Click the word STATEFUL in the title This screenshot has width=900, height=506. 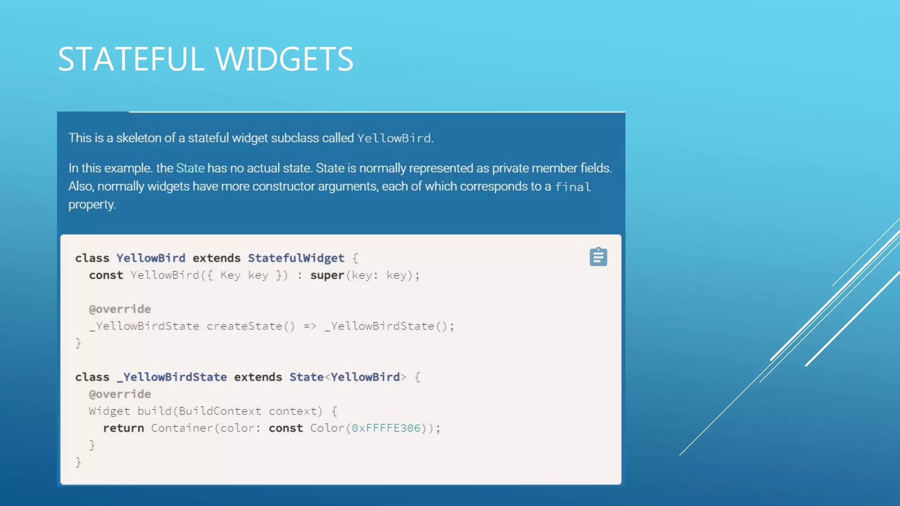(x=131, y=59)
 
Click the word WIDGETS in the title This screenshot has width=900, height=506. (x=284, y=59)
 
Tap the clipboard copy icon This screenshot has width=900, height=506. (x=598, y=257)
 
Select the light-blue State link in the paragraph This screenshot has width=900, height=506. (x=190, y=168)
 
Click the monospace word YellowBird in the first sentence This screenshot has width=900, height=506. (x=394, y=138)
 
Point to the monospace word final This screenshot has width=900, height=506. (x=573, y=187)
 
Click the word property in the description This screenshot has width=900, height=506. (x=91, y=205)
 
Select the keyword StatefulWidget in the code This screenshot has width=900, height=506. (x=296, y=258)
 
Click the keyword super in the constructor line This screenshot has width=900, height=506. (x=327, y=275)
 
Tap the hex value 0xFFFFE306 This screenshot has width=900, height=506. (x=386, y=428)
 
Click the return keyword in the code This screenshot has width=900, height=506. (x=123, y=428)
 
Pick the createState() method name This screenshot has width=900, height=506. (x=250, y=326)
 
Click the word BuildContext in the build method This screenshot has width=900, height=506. (x=220, y=411)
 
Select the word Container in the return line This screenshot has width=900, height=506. (x=182, y=428)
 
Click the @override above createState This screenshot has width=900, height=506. (x=120, y=309)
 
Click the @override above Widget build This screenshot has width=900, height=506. (x=120, y=394)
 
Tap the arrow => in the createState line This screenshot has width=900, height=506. (x=310, y=326)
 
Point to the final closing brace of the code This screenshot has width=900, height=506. (x=78, y=462)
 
